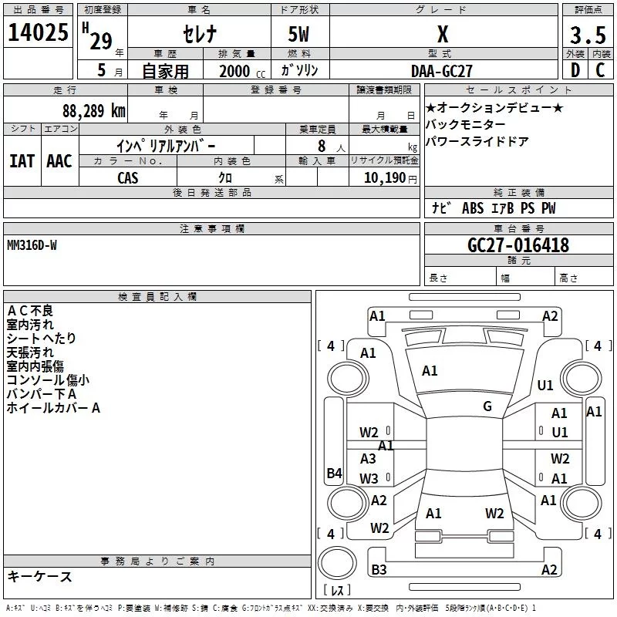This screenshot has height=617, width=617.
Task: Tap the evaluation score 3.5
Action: tap(585, 35)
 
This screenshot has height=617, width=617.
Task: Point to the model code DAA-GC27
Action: tap(441, 70)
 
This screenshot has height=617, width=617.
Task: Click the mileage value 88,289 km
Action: tap(93, 110)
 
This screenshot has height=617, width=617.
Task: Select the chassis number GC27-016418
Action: tap(518, 245)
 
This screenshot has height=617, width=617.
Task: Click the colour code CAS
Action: tap(128, 177)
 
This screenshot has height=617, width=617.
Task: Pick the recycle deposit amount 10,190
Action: tap(383, 178)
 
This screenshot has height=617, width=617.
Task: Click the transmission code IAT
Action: tap(22, 160)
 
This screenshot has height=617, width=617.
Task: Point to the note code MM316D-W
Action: tap(32, 244)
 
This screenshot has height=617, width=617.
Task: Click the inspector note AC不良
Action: tap(30, 311)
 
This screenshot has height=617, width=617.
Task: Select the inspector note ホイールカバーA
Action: tap(53, 408)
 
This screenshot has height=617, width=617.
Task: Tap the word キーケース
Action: tap(39, 577)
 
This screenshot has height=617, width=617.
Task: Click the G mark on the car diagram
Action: tap(487, 406)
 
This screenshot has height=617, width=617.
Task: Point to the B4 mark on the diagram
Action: tap(334, 474)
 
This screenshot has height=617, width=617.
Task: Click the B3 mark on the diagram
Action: tap(379, 570)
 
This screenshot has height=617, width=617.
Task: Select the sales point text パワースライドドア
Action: tap(476, 142)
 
